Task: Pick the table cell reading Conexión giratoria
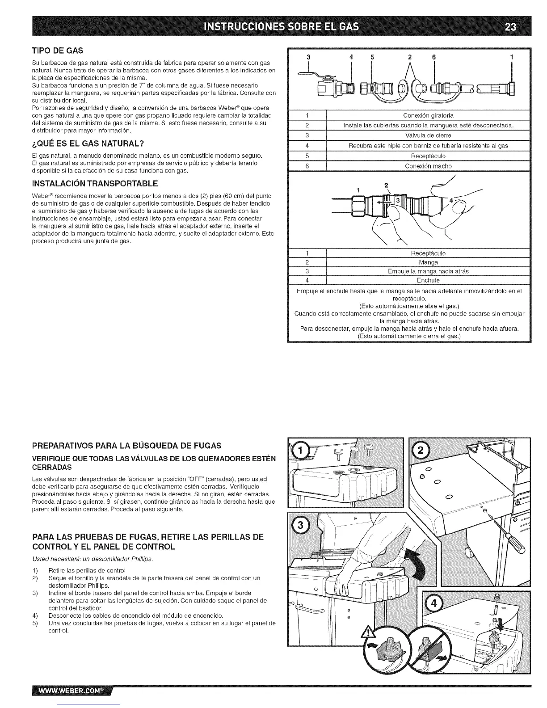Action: (428, 115)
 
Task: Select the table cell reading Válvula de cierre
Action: (428, 135)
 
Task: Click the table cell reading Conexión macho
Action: (428, 166)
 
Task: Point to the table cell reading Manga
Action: (428, 262)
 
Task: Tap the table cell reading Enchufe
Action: (428, 280)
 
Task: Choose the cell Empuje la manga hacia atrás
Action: (428, 271)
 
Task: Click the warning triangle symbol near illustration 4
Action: (367, 633)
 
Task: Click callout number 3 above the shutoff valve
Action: (307, 57)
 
